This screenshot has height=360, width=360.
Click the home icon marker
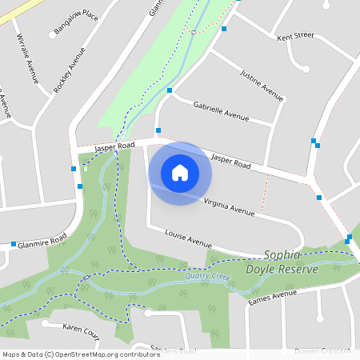(180, 172)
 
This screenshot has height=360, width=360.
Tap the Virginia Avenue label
(229, 207)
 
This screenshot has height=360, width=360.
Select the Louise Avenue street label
(188, 238)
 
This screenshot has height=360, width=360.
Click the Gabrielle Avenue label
(222, 110)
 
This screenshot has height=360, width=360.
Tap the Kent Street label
(295, 37)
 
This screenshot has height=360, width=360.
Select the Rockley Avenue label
(69, 70)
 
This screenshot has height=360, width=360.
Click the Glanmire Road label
(42, 241)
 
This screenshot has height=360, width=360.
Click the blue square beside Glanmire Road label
(14, 244)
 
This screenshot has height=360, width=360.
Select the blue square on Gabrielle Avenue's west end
(170, 91)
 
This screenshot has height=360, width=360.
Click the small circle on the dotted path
(193, 32)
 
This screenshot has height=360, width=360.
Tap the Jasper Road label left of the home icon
(114, 147)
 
